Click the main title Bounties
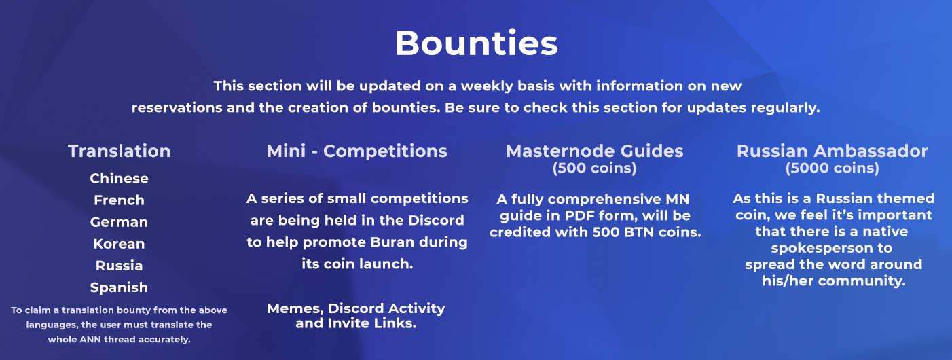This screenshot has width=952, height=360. point(476,43)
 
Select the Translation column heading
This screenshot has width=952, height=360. point(119,151)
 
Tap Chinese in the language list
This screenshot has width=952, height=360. point(119,178)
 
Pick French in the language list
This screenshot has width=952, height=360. point(119,200)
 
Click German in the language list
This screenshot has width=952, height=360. point(119,222)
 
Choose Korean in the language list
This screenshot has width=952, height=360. point(119,244)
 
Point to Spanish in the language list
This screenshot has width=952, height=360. point(119,288)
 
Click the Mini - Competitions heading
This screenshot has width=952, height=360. point(357,151)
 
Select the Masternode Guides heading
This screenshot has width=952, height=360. point(595,151)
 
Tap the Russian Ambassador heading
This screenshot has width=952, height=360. point(832,151)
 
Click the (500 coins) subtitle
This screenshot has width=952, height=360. point(595,168)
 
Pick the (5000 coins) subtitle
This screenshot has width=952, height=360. point(832,168)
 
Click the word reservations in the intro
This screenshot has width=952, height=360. point(177,107)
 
